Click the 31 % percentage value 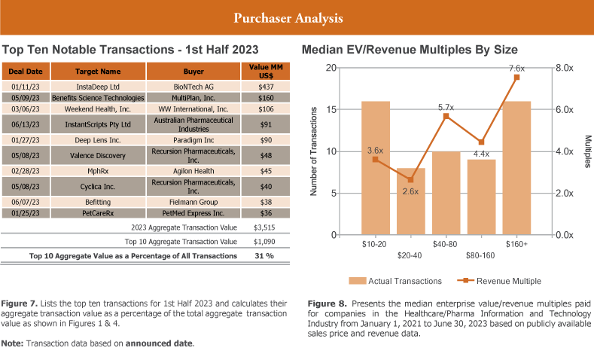[x=263, y=256]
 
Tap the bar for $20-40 [x=410, y=201]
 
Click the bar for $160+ [x=516, y=168]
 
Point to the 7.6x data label [x=516, y=67]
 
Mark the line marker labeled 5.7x [x=446, y=116]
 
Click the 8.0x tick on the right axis [x=565, y=68]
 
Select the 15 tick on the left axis [x=331, y=109]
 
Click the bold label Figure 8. [x=325, y=304]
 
